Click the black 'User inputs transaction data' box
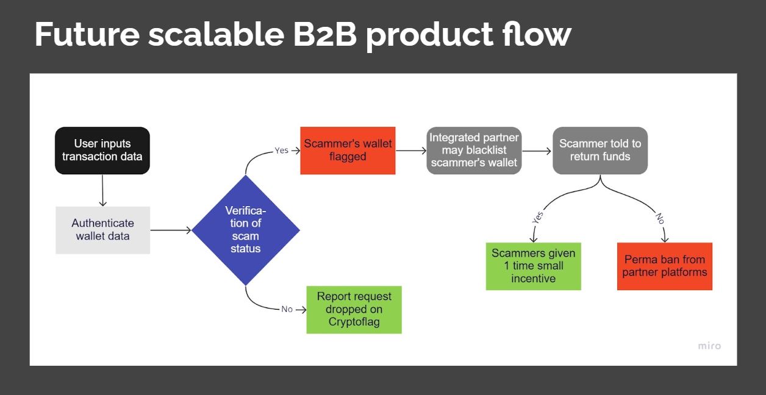102,151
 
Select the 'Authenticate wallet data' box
102,230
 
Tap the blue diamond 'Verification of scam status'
246,230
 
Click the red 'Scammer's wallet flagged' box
348,151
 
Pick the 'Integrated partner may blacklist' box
474,151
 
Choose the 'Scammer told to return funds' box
600,151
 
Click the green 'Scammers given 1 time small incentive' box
533,266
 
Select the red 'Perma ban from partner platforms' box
664,266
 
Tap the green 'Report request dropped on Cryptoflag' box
354,310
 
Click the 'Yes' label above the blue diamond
281,151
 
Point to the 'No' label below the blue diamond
287,310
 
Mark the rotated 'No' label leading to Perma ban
659,218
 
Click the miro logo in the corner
709,346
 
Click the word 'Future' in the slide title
87,35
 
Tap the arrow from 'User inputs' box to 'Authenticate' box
102,190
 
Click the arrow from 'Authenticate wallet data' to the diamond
171,230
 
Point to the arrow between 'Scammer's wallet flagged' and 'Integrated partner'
410,151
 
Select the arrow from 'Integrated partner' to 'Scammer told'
537,151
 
